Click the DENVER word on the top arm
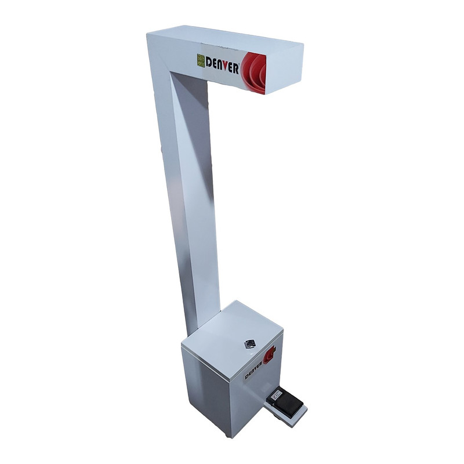click(222, 66)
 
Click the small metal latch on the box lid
click(249, 344)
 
